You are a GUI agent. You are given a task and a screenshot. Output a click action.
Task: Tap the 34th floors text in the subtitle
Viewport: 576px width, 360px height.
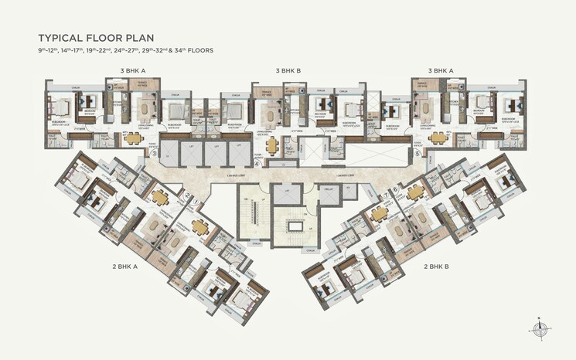[193, 49]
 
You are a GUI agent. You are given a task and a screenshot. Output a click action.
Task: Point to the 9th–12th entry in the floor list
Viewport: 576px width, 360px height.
[50, 49]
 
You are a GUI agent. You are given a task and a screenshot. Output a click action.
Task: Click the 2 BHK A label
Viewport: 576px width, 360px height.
[124, 265]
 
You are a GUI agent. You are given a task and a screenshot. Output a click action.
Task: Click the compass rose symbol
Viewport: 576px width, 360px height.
[539, 328]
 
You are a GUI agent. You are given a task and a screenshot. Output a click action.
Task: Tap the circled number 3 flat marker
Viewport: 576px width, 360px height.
[154, 154]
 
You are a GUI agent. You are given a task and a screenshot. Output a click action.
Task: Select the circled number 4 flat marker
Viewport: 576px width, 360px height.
[257, 163]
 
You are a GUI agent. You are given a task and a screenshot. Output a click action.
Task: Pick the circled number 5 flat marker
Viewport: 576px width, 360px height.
[418, 154]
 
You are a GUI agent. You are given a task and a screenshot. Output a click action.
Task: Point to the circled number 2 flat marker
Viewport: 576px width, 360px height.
[188, 195]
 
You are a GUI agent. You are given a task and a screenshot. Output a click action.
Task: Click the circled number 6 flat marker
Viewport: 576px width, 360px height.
[395, 189]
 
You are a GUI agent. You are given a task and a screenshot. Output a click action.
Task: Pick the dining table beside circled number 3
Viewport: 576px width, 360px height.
[134, 138]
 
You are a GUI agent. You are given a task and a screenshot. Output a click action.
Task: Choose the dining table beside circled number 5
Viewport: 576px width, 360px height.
[439, 138]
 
